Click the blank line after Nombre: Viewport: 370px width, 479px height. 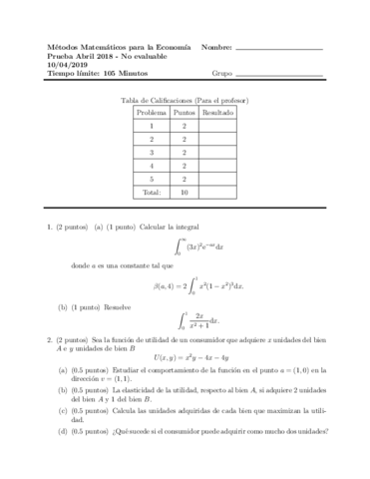(x=282, y=49)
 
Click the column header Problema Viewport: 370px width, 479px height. (x=152, y=114)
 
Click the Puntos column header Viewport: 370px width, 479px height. (x=184, y=114)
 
